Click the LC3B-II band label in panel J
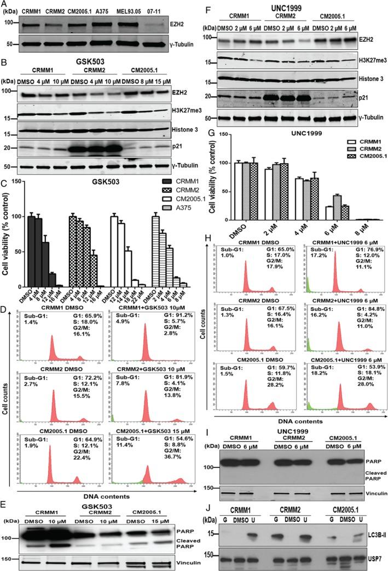click(373, 530)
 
